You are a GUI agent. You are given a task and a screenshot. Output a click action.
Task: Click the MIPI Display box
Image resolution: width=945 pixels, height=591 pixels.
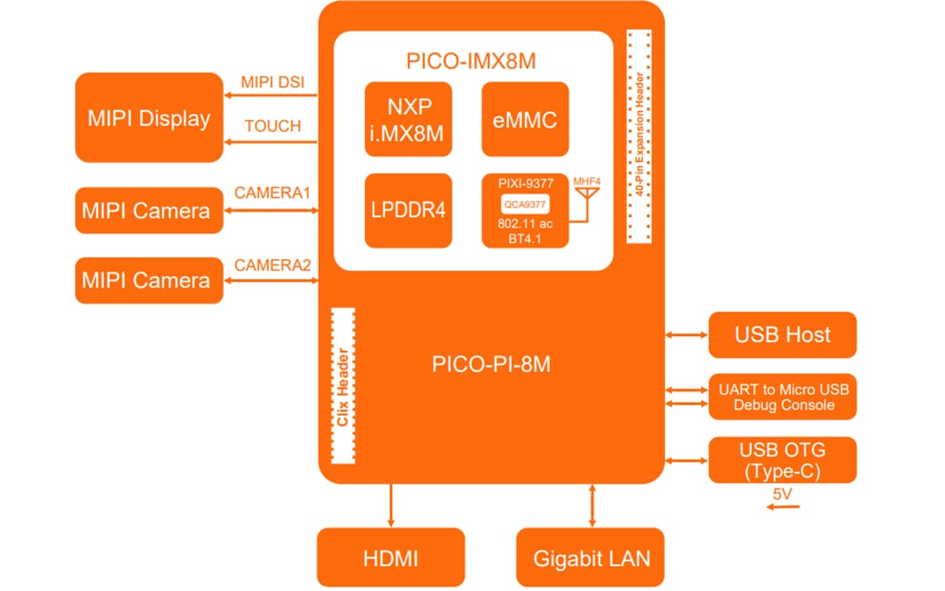point(149,117)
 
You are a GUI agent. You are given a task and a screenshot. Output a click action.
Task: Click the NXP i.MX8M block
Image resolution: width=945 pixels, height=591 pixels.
point(409,119)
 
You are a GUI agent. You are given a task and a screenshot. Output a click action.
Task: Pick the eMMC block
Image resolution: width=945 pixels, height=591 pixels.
point(525,119)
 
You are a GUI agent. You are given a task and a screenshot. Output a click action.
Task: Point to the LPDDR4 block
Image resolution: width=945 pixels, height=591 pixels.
point(409,211)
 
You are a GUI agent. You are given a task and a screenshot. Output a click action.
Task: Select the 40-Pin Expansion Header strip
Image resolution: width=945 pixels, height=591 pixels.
point(640,137)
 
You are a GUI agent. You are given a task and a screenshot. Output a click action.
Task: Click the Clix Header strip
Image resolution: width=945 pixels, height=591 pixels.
point(344,385)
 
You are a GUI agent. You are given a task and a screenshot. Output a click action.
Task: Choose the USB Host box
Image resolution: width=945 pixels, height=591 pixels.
point(782,334)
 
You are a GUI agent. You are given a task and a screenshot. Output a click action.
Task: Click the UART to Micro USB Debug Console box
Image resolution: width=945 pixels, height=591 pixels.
point(782,397)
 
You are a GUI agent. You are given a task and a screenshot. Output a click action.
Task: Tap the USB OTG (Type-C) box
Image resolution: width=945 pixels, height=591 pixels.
point(782,460)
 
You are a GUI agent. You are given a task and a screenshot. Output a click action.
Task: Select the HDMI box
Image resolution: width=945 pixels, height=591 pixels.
point(390,558)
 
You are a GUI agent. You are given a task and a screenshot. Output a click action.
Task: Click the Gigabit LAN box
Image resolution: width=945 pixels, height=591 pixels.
point(591,558)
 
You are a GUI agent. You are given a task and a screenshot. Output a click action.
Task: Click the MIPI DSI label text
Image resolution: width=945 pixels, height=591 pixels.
point(272,82)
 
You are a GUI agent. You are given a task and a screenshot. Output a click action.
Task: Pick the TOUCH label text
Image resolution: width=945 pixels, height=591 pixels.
point(272,126)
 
